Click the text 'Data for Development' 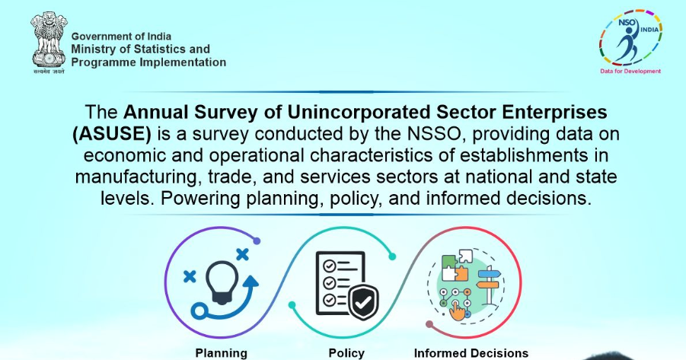[x=630, y=71]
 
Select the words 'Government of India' [x=121, y=37]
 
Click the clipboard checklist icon [x=335, y=279]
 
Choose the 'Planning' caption [x=222, y=353]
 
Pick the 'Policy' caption [x=346, y=353]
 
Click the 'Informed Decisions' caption [x=471, y=353]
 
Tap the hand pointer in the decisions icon [x=458, y=311]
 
